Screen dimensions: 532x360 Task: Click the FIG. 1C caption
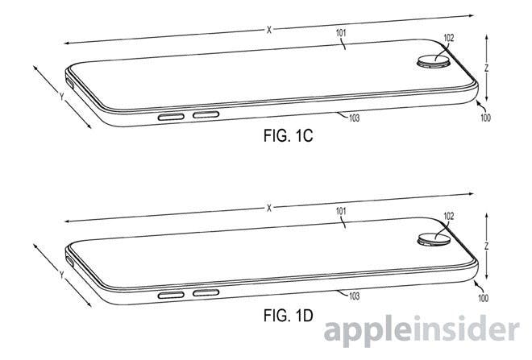coord(288,136)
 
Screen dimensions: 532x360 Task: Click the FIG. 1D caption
coord(288,316)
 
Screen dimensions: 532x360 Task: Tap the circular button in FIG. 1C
coord(434,62)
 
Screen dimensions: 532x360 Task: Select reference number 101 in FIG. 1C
coord(341,33)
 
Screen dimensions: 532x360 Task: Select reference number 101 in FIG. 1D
coord(341,212)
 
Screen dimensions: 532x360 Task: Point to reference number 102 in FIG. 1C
coord(448,38)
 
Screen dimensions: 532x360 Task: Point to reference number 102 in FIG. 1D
coord(448,217)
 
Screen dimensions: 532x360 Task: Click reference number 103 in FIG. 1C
coord(354,118)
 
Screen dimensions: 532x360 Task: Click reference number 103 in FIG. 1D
coord(354,296)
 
